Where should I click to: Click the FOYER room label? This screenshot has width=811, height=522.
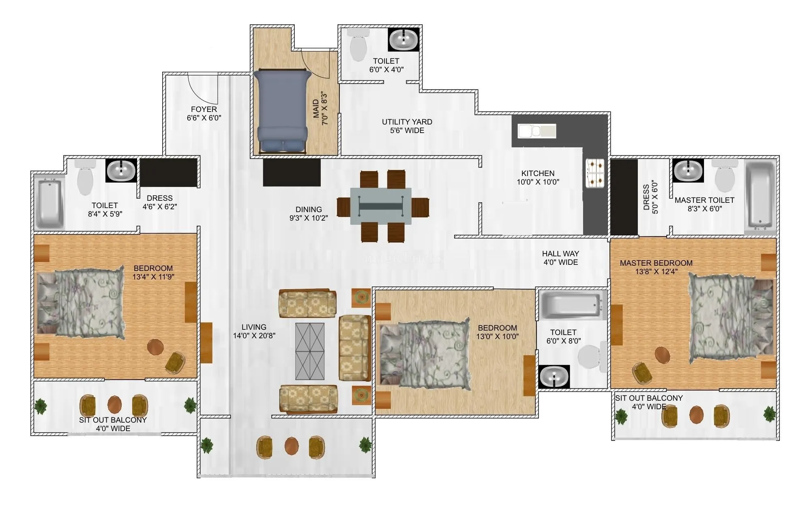tap(204, 110)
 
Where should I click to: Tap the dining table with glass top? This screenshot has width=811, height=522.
tap(381, 206)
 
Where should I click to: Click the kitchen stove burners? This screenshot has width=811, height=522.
tap(594, 174)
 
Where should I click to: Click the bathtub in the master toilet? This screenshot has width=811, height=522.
tap(760, 197)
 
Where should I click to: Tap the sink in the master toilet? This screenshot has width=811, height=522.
tap(688, 170)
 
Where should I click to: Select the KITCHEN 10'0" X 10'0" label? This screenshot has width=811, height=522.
tap(538, 178)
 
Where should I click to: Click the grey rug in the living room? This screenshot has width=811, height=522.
tap(310, 351)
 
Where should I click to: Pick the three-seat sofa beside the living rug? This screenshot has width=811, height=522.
tap(355, 348)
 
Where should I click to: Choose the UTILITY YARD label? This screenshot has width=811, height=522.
tap(407, 122)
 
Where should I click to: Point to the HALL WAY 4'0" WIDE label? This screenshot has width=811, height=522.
tap(560, 258)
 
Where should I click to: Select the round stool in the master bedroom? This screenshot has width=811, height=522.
tap(662, 355)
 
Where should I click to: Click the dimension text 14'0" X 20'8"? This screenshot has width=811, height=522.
tap(254, 336)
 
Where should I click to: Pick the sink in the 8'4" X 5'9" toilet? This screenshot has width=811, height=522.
tap(121, 170)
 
